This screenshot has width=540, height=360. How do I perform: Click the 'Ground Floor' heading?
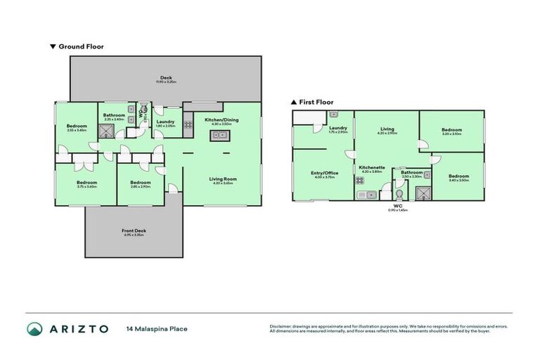pyautogui.click(x=81, y=46)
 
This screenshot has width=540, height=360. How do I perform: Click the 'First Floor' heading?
pyautogui.click(x=316, y=102)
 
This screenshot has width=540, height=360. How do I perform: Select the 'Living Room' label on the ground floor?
pyautogui.click(x=223, y=179)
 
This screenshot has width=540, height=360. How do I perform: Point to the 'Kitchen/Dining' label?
pyautogui.click(x=221, y=120)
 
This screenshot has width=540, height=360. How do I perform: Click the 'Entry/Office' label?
pyautogui.click(x=324, y=173)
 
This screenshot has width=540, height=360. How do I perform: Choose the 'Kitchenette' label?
pyautogui.click(x=370, y=167)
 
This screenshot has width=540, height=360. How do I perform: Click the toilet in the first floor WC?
pyautogui.click(x=399, y=194)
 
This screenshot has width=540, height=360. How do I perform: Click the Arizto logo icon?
pyautogui.click(x=34, y=328)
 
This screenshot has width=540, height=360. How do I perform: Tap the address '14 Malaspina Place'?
pyautogui.click(x=157, y=328)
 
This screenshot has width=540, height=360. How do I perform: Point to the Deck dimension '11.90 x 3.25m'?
pyautogui.click(x=165, y=82)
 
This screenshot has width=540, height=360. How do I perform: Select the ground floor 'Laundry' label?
pyautogui.click(x=166, y=122)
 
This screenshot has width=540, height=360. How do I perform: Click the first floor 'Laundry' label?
pyautogui.click(x=338, y=128)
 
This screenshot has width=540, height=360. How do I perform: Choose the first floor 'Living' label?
pyautogui.click(x=387, y=129)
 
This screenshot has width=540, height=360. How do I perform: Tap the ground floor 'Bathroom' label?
pyautogui.click(x=114, y=115)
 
